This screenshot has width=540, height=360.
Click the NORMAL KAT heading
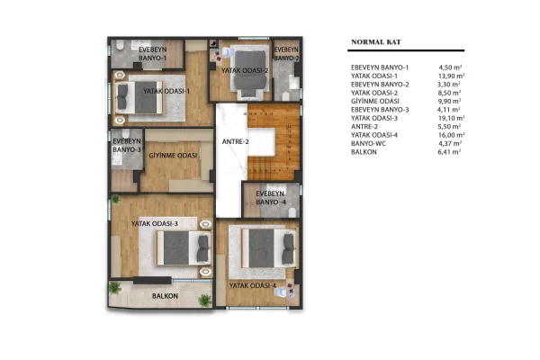coord(376,42)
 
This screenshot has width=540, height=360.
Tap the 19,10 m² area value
coord(451,118)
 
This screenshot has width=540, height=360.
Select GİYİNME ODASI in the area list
coord(375,102)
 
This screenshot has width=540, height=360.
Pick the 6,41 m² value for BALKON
coord(449,152)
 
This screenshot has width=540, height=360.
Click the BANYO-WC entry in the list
coord(368,143)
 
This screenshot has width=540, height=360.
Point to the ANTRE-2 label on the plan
coord(235,141)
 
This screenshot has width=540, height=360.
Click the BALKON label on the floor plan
coord(165,296)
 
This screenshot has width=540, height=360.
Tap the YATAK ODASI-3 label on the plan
coord(155,223)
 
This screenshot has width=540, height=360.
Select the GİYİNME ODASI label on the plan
coord(173,156)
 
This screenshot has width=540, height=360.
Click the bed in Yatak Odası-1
coord(139,97)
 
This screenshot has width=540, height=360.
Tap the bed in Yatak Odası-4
coord(269,248)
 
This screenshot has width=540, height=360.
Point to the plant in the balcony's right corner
coord(204,301)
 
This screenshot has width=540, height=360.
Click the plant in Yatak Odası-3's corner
coord(115,199)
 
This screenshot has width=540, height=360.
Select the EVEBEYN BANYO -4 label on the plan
coord(271,198)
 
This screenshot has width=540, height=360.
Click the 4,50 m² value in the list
coord(450,67)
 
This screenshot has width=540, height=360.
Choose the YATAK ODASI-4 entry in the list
coord(374,135)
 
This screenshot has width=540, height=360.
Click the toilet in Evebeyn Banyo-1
coord(120,45)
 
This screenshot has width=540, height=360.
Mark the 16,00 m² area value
coord(451,135)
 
